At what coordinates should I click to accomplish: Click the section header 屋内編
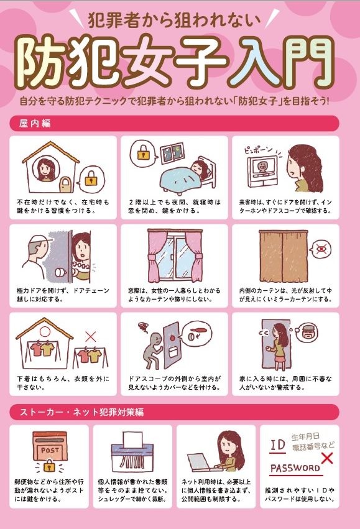[35, 124]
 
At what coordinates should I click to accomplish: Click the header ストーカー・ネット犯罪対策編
[82, 412]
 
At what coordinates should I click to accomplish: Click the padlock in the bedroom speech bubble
[144, 154]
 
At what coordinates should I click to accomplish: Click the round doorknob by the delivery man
[60, 273]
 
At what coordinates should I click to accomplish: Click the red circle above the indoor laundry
[45, 332]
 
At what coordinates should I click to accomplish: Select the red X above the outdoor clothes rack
[90, 336]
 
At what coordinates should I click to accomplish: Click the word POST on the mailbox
[50, 450]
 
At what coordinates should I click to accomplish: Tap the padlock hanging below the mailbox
[50, 466]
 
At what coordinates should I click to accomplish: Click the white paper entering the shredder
[132, 439]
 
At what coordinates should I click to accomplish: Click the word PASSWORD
[295, 468]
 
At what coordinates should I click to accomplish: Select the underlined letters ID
[278, 445]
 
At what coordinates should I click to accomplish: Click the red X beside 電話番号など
[326, 459]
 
